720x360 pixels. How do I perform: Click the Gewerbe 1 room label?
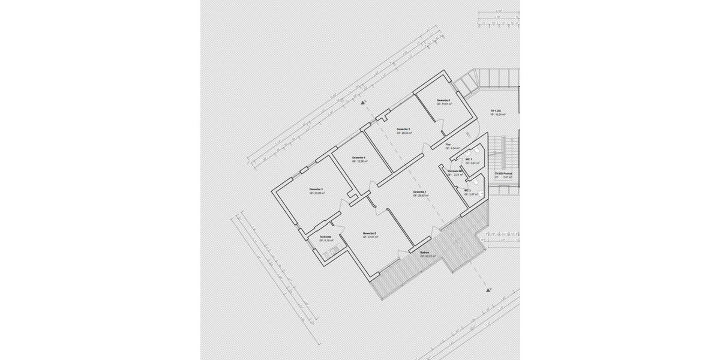tap(419, 192)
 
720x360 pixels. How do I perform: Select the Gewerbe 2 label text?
tap(370, 233)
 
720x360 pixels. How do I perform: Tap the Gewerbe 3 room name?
tap(317, 190)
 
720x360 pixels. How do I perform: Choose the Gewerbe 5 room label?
tap(404, 129)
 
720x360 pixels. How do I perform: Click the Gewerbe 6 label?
tap(443, 100)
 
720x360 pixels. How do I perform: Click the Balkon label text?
tap(424, 253)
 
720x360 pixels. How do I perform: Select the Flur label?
tap(448, 145)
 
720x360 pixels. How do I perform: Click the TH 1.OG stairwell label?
tap(495, 111)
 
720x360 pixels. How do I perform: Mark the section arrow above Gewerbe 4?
tap(362, 103)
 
